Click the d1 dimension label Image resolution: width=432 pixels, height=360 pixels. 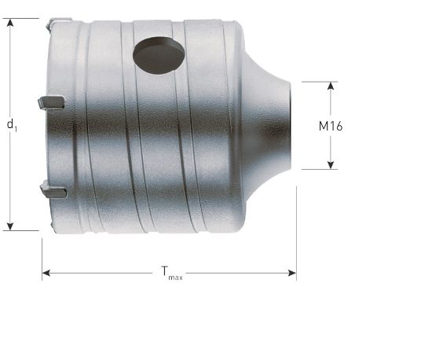click(12, 125)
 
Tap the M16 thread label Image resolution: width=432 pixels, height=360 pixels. click(331, 126)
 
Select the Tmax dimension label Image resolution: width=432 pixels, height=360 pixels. click(172, 273)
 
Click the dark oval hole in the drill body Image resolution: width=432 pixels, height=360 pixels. click(159, 55)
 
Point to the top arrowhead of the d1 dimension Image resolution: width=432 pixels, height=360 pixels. click(10, 23)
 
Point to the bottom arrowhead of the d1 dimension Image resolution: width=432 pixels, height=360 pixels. click(10, 226)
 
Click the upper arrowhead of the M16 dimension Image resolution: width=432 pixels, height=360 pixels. click(331, 86)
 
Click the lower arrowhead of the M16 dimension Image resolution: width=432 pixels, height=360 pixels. click(331, 165)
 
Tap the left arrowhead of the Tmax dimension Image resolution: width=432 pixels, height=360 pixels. click(46, 274)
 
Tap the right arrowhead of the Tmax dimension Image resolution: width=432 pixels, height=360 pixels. click(292, 274)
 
